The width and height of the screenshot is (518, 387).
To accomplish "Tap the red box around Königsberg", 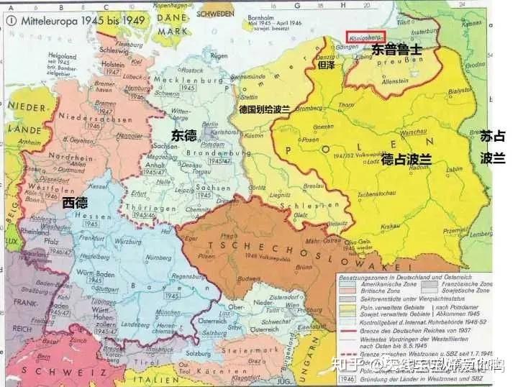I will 365,35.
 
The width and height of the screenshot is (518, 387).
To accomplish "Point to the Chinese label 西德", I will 76,202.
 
